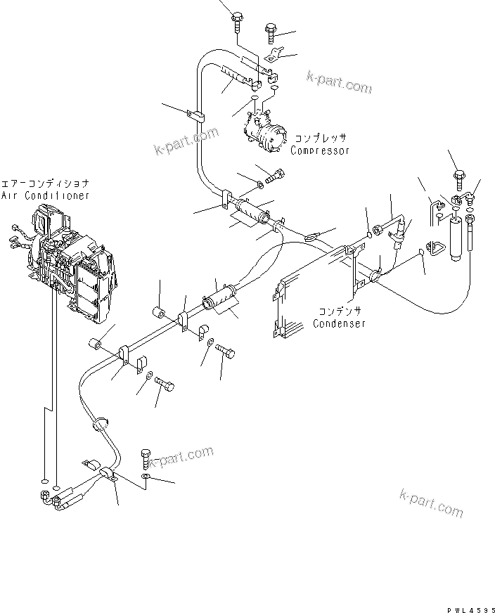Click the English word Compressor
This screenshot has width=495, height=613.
click(320, 150)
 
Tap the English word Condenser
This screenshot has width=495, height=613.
click(340, 324)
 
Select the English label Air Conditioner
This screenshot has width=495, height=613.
click(46, 195)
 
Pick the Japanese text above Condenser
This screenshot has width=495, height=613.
click(340, 310)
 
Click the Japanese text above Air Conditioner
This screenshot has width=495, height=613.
click(46, 183)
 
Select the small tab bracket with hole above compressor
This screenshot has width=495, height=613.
click(275, 53)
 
